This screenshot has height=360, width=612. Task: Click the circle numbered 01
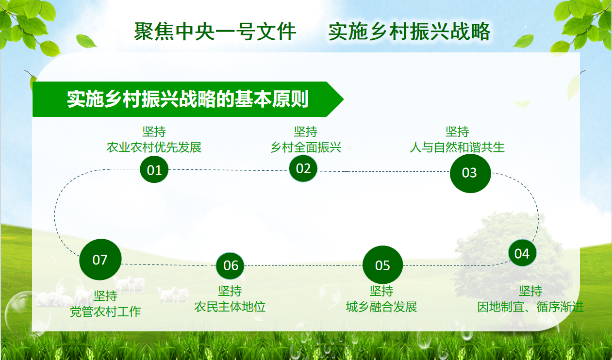[154, 170]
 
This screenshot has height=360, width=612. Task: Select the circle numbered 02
[303, 168]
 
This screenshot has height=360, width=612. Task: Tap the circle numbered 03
[470, 173]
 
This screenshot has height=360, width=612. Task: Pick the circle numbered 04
[522, 253]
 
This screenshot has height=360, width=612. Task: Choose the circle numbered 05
[382, 265]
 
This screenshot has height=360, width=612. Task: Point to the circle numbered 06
[230, 266]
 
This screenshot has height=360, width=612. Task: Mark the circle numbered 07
[100, 260]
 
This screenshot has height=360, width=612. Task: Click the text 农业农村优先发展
[154, 147]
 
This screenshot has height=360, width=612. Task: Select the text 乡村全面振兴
[306, 147]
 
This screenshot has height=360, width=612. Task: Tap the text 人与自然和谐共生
[457, 147]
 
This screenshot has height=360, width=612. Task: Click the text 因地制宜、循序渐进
[530, 307]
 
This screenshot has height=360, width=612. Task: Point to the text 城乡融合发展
[381, 307]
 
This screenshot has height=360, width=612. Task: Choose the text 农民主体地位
[230, 307]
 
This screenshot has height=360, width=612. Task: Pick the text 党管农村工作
[105, 312]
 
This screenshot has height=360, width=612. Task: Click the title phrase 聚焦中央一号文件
[215, 32]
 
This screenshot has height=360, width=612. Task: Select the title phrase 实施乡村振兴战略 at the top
[409, 32]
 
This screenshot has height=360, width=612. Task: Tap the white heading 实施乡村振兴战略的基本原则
[188, 99]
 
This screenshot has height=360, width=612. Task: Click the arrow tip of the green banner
[343, 99]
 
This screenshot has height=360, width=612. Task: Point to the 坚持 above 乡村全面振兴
[306, 131]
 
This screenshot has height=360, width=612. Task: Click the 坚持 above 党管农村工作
[105, 296]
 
